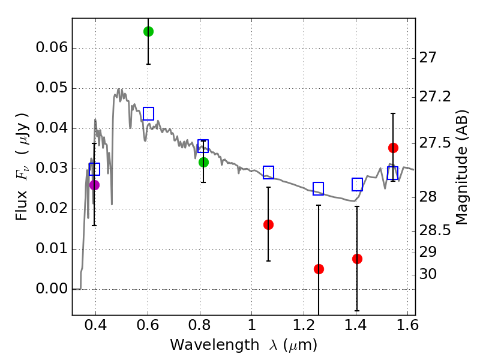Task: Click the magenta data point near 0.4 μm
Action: tap(94, 185)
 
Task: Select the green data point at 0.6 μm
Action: tap(148, 31)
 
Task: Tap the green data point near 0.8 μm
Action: tap(203, 162)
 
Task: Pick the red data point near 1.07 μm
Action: tap(268, 224)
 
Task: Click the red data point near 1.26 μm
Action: tap(319, 269)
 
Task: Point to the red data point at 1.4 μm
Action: tap(357, 259)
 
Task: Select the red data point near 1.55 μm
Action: tap(393, 148)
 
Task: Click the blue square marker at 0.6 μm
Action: tap(148, 113)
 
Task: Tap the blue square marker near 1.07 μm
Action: tap(268, 173)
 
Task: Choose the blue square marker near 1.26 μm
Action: tap(319, 188)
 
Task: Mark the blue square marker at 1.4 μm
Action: tap(357, 184)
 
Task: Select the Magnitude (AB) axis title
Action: tap(461, 169)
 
